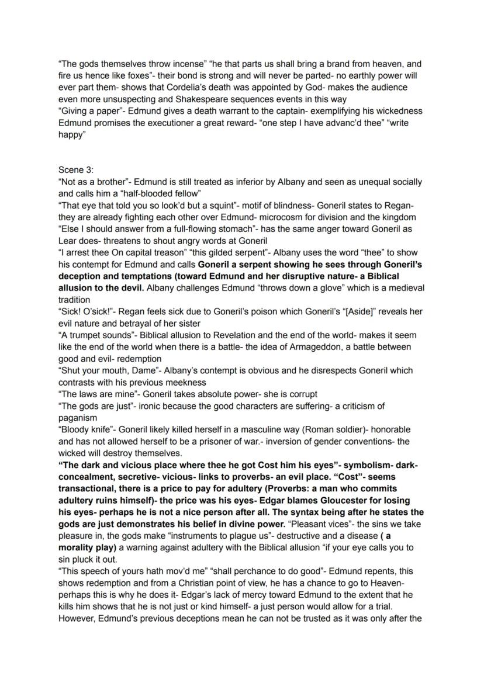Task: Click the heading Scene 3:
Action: pos(76,170)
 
